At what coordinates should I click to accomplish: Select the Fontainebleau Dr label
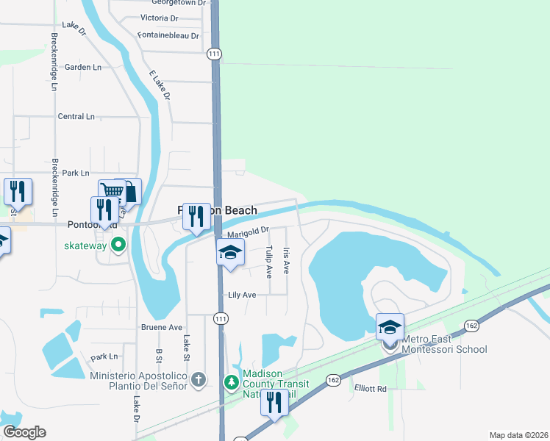point(169,35)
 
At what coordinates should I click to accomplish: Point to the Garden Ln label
point(83,67)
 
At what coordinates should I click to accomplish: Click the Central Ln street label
point(76,116)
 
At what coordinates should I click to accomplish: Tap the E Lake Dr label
point(160,85)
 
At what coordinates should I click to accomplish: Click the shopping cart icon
point(111,191)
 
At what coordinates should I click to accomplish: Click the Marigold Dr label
point(244,233)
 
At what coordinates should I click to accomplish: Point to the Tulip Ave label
point(269,261)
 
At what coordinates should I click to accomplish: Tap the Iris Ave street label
point(287,261)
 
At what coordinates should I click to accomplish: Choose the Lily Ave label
point(242,295)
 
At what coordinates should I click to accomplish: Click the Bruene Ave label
point(161,327)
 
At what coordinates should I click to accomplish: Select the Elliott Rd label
point(370,389)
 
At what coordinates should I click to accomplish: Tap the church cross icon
point(197,380)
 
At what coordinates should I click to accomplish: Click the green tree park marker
point(231,381)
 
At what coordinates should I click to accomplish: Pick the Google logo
point(24,432)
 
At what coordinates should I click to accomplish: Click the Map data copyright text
point(518,435)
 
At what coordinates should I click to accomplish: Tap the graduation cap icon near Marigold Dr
point(230,253)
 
